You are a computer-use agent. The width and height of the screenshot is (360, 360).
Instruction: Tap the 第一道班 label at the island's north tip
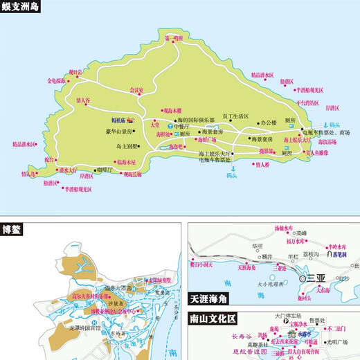(173, 38)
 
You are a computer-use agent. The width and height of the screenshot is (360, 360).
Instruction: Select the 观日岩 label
(75, 71)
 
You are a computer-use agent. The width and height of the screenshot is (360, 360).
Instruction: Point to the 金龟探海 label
(57, 80)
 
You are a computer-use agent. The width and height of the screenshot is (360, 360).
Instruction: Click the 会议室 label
(138, 90)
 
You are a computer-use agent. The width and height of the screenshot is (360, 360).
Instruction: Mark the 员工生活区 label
(236, 116)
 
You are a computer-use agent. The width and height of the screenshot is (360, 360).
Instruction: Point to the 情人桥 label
(261, 165)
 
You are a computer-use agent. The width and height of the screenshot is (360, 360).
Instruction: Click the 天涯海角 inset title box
(210, 300)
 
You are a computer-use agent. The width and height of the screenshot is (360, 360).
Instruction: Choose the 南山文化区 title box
(215, 320)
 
